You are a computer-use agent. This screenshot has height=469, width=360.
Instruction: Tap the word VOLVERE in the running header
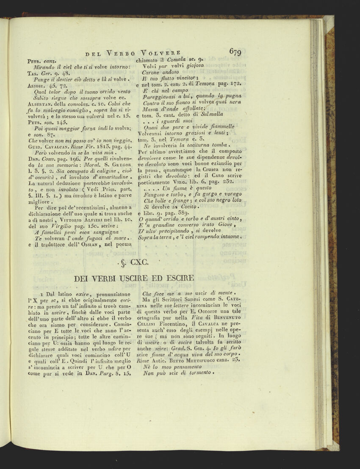click(x=162, y=53)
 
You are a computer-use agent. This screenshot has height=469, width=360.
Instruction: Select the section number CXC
click(x=138, y=263)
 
